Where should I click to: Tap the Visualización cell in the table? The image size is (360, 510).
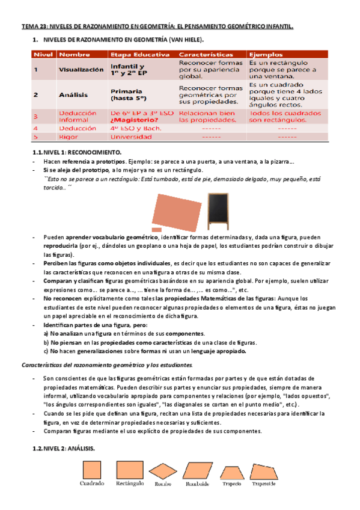point(81,70)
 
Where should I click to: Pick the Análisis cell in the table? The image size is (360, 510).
point(74,94)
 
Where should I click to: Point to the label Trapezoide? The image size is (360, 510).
point(264,484)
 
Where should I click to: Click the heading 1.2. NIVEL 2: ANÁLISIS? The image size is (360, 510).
point(63,448)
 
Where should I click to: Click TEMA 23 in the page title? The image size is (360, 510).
point(34,27)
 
